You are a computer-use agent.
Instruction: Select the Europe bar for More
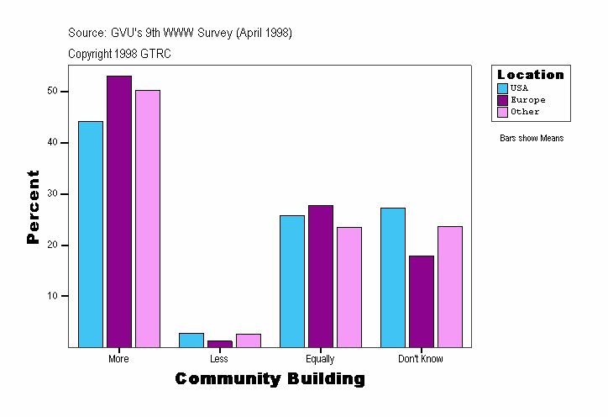(x=119, y=211)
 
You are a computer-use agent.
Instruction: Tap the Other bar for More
(x=148, y=219)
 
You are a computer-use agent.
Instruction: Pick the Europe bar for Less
(x=220, y=343)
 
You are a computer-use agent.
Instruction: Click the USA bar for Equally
(x=292, y=281)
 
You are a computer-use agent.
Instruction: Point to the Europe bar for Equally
(x=321, y=276)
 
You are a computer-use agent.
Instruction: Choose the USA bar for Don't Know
(x=393, y=277)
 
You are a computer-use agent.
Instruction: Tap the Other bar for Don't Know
(x=450, y=286)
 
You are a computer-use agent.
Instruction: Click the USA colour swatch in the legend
(x=503, y=88)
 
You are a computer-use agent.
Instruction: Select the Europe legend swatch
(x=503, y=100)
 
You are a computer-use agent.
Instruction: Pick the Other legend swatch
(x=503, y=112)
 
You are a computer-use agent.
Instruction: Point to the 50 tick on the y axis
(x=65, y=91)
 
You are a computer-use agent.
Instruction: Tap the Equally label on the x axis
(x=320, y=359)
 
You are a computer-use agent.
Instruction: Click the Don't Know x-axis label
(x=421, y=359)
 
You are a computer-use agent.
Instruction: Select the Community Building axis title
(x=270, y=379)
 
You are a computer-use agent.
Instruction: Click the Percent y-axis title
(x=34, y=207)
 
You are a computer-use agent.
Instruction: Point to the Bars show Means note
(x=532, y=138)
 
